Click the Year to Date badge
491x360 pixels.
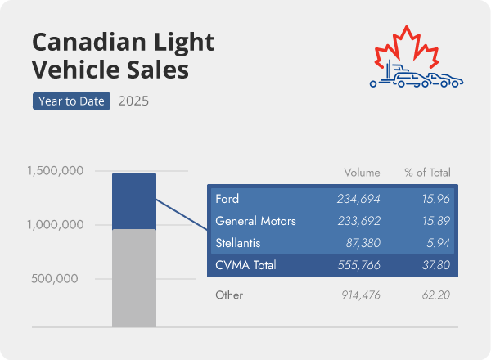[x=71, y=101]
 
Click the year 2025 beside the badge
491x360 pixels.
[x=133, y=101]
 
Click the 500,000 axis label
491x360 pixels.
[x=56, y=278]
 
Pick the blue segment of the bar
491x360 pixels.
[x=133, y=200]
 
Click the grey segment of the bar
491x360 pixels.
[x=133, y=278]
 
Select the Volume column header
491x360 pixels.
[x=362, y=173]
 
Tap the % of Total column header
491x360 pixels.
[x=427, y=173]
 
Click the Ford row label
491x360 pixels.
[x=227, y=199]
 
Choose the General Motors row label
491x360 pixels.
[x=255, y=221]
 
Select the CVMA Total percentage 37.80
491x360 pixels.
[x=435, y=265]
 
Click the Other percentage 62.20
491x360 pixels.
[x=435, y=295]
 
